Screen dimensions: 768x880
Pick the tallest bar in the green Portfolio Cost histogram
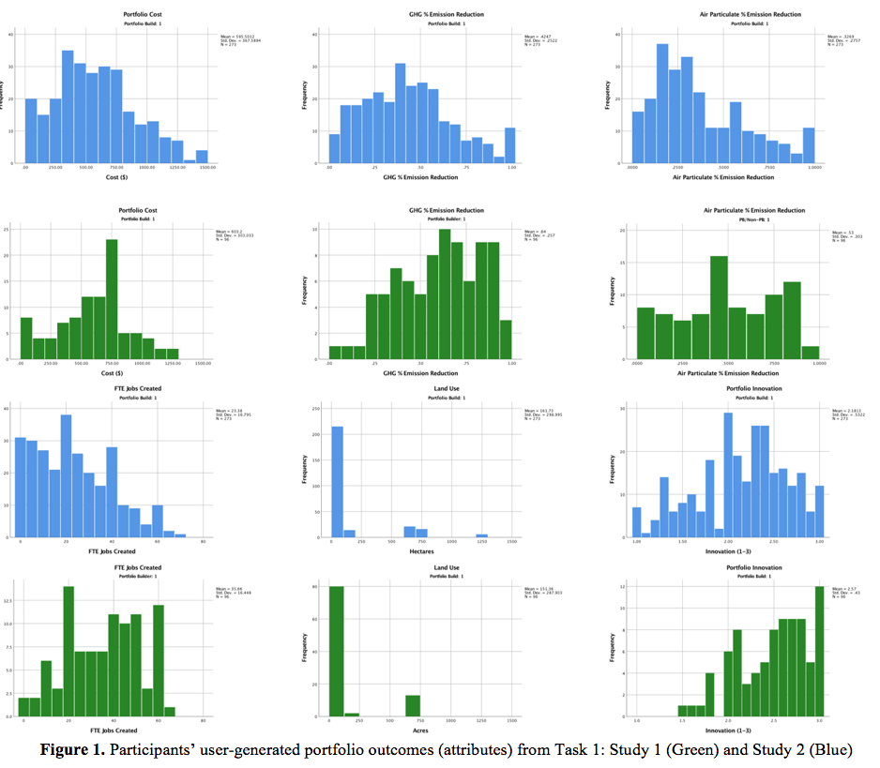click(112, 300)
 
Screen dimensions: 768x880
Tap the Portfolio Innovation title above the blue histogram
click(753, 387)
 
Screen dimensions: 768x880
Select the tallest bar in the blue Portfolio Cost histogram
click(68, 106)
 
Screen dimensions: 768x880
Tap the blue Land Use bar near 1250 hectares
click(481, 535)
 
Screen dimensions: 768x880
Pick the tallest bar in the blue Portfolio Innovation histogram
click(728, 474)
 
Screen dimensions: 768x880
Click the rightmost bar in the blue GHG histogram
click(509, 145)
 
